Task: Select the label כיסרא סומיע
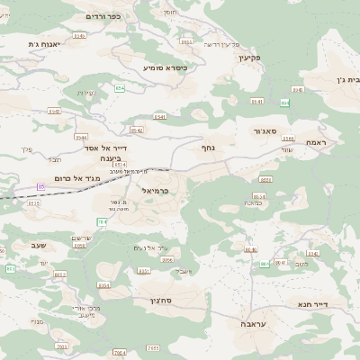click(x=166, y=67)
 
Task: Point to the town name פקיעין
click(x=249, y=58)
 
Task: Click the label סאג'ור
click(x=249, y=131)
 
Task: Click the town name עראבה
click(x=253, y=321)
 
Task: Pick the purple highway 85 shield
click(x=41, y=186)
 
